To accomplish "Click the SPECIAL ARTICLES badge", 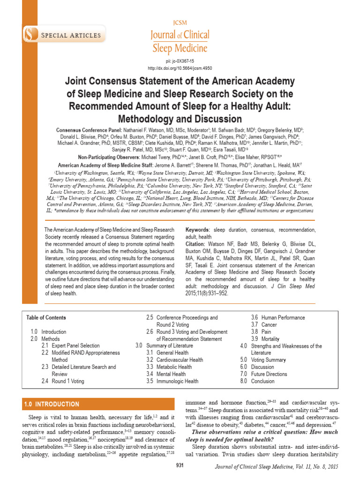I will coord(70,35).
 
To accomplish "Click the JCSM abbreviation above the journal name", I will coord(180,22).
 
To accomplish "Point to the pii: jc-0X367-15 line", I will coord(180,61).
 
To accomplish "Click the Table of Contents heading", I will coord(46,317).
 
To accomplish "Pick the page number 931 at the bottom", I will coord(180,465).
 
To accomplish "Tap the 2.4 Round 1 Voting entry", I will coord(63,381).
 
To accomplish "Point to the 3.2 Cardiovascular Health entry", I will coord(174,360).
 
